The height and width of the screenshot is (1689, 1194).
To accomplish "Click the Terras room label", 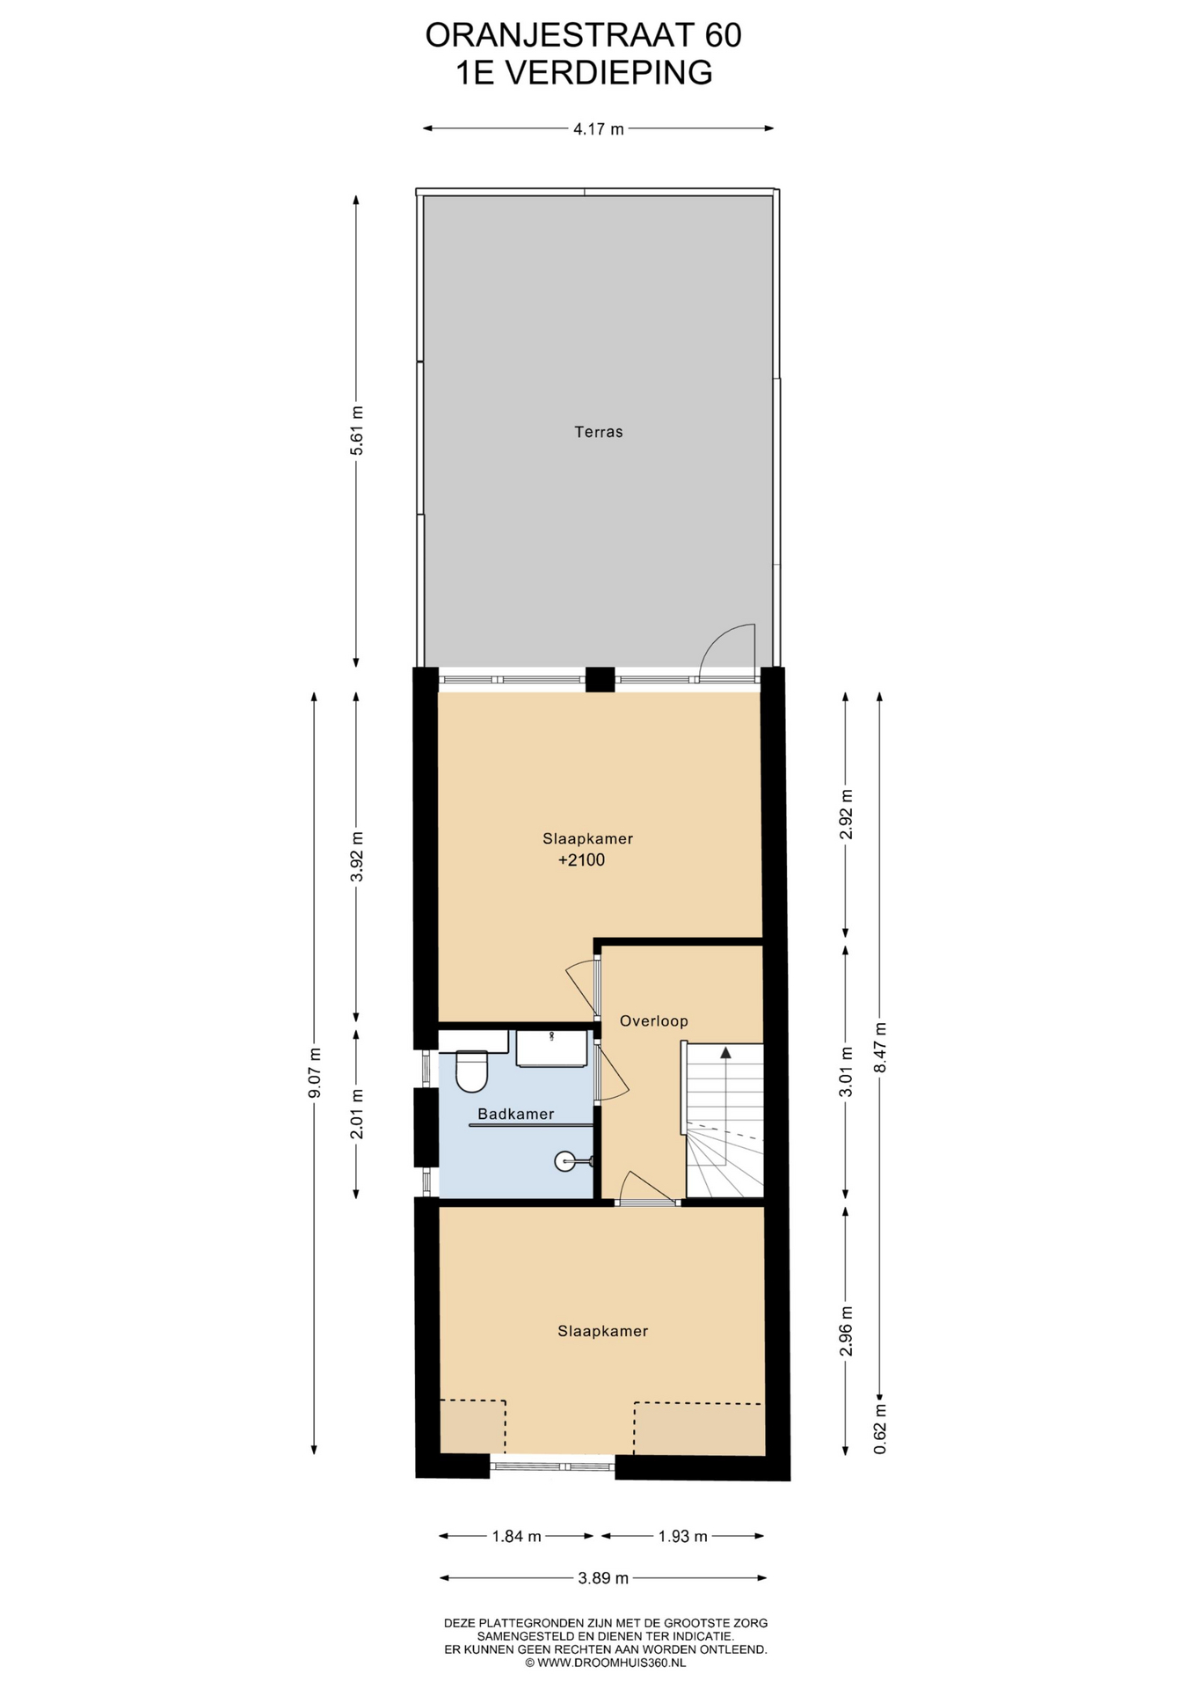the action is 599,432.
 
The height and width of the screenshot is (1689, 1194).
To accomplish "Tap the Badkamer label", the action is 516,1114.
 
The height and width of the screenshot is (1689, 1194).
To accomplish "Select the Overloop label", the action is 653,1021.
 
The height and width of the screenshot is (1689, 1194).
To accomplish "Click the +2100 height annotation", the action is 582,860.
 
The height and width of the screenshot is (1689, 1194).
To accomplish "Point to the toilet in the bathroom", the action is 472,1070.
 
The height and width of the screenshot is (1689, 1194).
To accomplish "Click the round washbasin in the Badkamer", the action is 565,1162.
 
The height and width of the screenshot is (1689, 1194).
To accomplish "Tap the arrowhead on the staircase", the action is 725,1052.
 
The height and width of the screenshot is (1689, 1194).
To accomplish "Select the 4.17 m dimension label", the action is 599,129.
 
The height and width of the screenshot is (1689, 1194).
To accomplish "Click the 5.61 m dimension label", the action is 356,430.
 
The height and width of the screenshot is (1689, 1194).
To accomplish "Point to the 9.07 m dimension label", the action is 315,1073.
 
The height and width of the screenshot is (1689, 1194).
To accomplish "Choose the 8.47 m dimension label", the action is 880,1048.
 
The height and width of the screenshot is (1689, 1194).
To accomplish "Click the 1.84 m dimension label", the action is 516,1537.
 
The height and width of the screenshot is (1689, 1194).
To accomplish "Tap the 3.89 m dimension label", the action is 603,1578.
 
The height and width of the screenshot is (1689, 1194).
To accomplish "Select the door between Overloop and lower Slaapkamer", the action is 648,1188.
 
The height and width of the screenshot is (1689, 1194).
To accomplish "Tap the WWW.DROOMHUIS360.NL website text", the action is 611,1663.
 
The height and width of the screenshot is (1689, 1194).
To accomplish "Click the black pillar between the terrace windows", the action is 601,679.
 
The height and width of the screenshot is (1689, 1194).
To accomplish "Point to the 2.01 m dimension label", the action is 356,1114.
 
